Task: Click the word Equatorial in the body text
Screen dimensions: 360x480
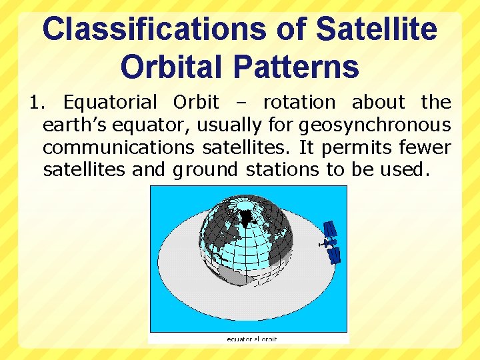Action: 110,103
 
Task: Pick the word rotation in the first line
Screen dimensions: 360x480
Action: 299,103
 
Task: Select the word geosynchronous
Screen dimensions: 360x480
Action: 375,125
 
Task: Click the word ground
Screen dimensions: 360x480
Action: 205,170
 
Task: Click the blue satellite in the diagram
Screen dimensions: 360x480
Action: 331,241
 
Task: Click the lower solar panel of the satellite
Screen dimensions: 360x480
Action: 335,255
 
